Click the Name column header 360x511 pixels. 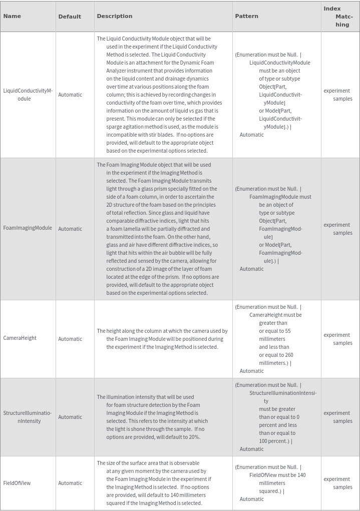(12, 16)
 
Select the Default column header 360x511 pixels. (70, 17)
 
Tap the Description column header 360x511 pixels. (115, 16)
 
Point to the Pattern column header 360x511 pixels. (247, 16)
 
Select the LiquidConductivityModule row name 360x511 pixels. (28, 95)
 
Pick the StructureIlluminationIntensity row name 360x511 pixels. (28, 417)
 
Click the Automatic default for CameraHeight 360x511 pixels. (70, 339)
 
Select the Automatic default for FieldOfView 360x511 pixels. (70, 483)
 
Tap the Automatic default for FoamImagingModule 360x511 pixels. (70, 229)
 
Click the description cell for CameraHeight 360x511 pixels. (162, 339)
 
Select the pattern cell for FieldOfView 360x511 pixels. (270, 483)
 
